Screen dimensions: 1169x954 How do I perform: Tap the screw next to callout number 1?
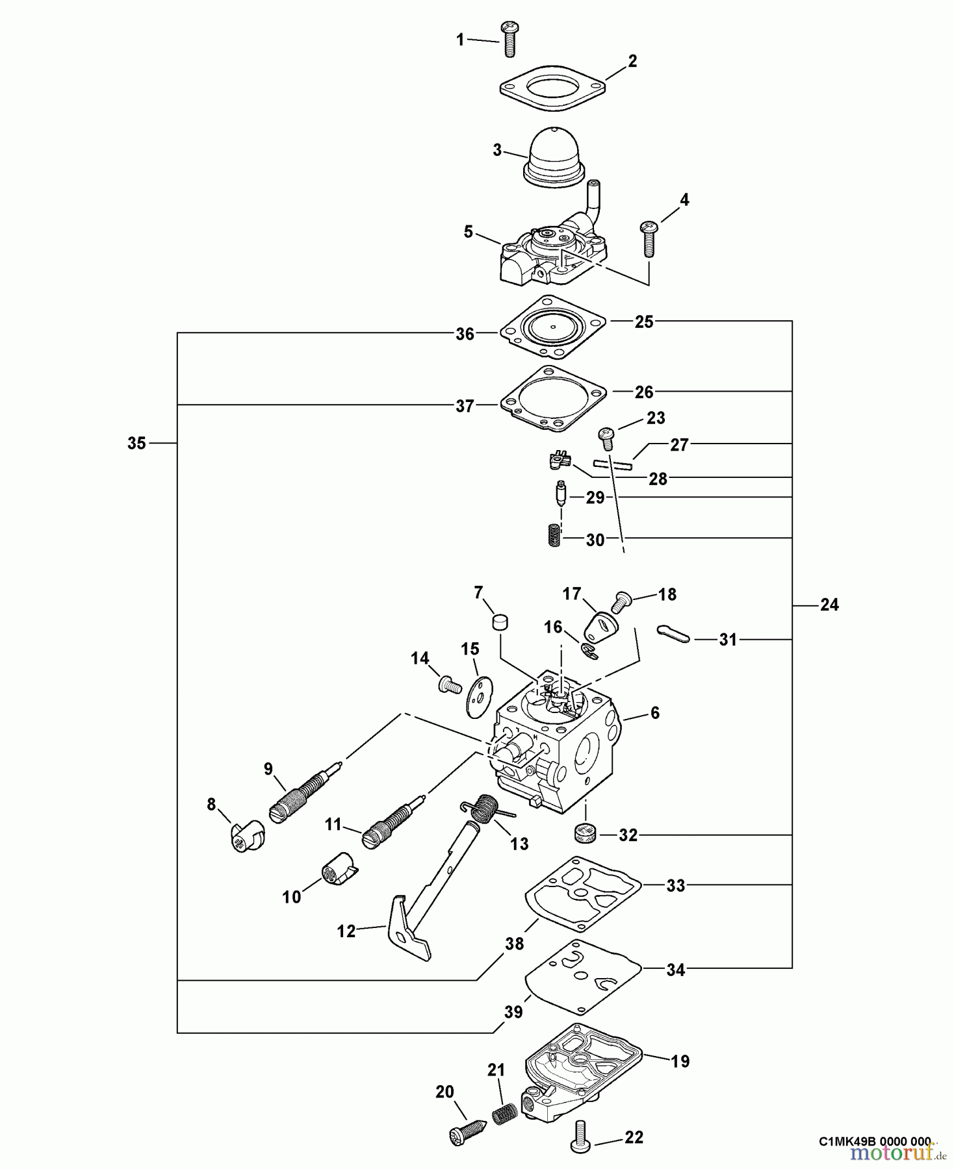pyautogui.click(x=508, y=39)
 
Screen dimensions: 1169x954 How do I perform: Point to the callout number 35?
pyautogui.click(x=136, y=444)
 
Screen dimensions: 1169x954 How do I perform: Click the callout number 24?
pyautogui.click(x=829, y=605)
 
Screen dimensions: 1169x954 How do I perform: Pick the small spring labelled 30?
pyautogui.click(x=552, y=536)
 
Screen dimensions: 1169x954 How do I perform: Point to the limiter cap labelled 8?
pyautogui.click(x=248, y=836)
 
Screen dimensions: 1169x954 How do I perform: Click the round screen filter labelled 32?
pyautogui.click(x=586, y=833)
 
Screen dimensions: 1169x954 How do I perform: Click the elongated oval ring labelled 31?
pyautogui.click(x=674, y=635)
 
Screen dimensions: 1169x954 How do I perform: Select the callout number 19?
pyautogui.click(x=680, y=1061)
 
